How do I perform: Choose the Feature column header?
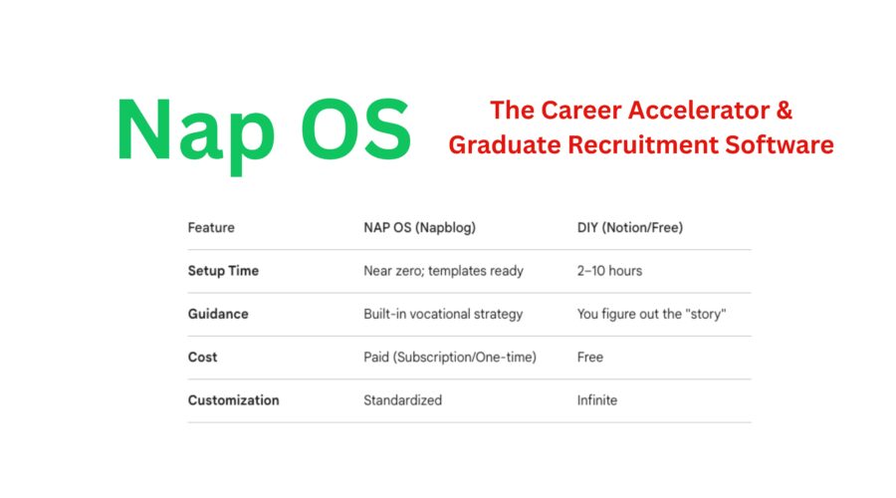[x=211, y=228]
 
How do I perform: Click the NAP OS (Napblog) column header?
[x=420, y=228]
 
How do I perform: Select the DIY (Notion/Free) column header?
[x=630, y=228]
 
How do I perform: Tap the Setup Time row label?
[x=223, y=271]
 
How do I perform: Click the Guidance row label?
[x=218, y=314]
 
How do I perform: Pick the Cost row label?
[x=202, y=357]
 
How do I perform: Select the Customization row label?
[x=233, y=400]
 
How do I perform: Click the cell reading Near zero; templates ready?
[x=443, y=271]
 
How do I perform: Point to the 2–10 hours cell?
[x=609, y=271]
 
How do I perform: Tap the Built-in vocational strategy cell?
[x=443, y=314]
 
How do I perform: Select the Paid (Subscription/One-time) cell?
[x=450, y=357]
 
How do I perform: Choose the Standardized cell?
[x=402, y=400]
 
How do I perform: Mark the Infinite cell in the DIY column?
[x=597, y=400]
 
